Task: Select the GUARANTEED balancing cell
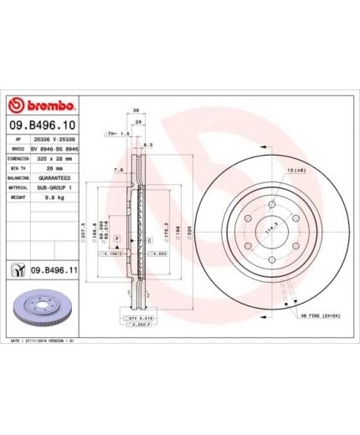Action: [53, 178]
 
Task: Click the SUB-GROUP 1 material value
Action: [53, 188]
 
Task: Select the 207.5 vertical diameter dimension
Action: [85, 228]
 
